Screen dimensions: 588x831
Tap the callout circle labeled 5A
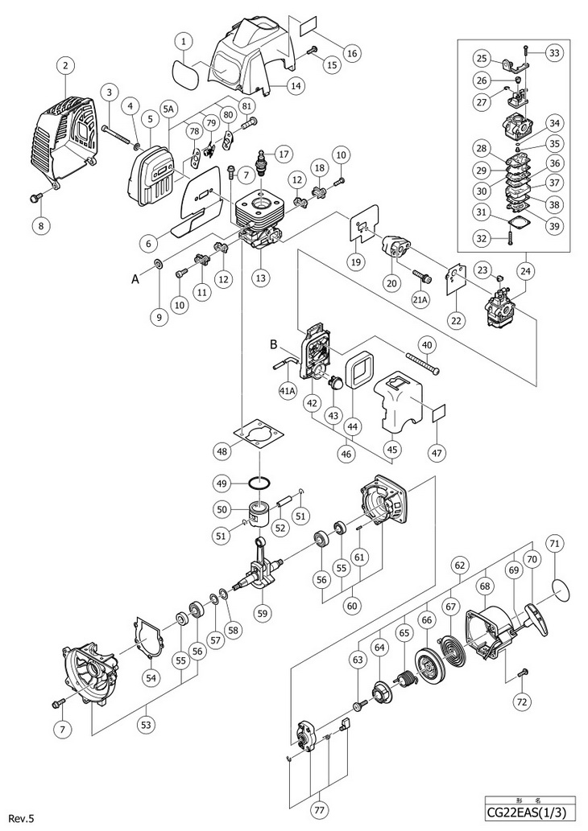(x=168, y=109)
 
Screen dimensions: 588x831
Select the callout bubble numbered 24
(x=525, y=271)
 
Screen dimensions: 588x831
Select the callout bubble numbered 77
(x=320, y=810)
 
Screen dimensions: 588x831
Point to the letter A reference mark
(x=135, y=279)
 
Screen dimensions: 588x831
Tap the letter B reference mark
(x=274, y=344)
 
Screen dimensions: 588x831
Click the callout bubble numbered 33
(x=554, y=53)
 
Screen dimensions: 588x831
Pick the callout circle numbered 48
(x=222, y=451)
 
